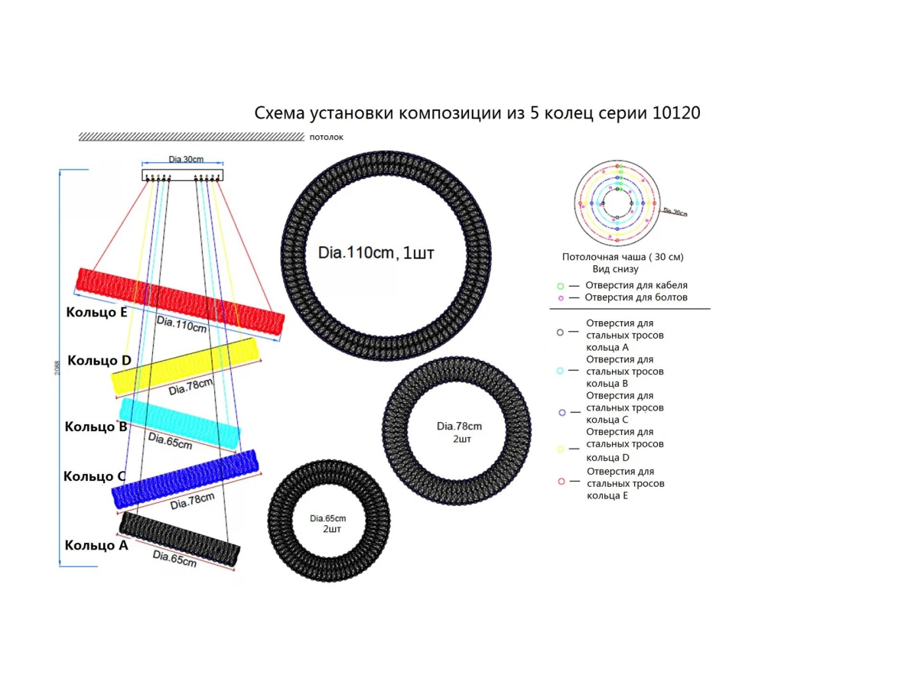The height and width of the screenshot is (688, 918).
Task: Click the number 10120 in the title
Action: click(676, 113)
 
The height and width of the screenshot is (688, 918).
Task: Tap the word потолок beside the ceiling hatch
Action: click(327, 138)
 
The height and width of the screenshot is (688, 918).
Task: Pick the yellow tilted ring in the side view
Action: click(185, 365)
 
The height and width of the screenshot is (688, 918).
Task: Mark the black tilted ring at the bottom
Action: click(180, 539)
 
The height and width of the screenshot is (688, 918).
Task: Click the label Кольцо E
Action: click(96, 312)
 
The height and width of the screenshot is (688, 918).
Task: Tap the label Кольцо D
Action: click(99, 360)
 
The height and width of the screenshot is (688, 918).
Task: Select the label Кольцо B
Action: click(96, 427)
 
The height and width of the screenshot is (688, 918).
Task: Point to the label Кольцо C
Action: click(94, 476)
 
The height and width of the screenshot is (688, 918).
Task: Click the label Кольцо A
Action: click(96, 545)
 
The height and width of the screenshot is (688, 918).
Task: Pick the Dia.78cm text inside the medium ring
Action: click(459, 426)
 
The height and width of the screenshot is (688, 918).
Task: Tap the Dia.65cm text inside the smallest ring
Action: click(328, 518)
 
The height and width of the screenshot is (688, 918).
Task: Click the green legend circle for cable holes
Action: click(561, 285)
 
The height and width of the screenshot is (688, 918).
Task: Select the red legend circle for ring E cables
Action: click(561, 481)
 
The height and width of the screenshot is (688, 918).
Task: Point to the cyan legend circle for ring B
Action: click(561, 371)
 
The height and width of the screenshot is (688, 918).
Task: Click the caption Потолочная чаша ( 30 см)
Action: click(623, 257)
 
